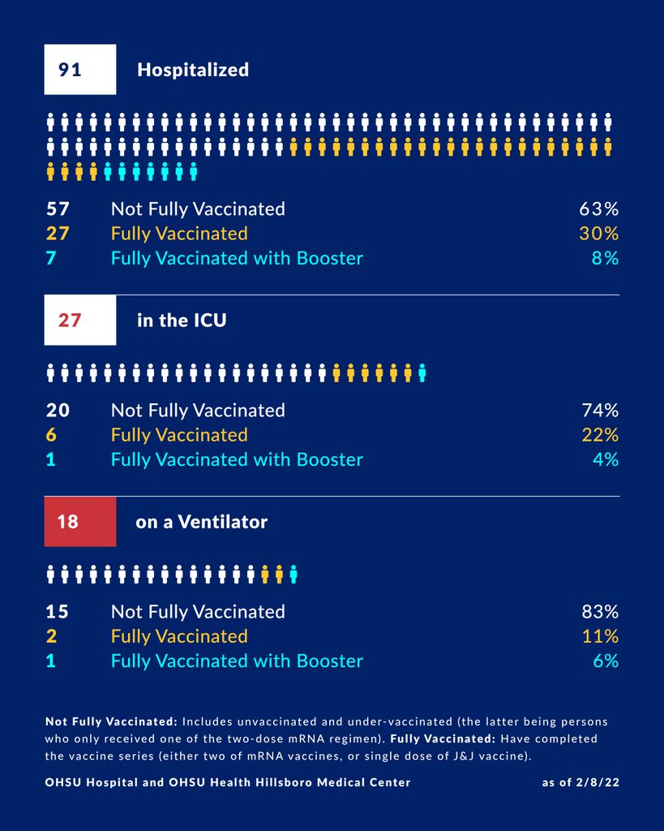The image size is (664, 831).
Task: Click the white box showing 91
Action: (79, 70)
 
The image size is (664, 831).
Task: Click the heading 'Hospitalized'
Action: (192, 70)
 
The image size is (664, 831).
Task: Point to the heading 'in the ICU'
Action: (182, 321)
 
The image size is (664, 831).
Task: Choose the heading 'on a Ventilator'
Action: (201, 522)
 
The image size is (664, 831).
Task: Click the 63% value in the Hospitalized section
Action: (598, 209)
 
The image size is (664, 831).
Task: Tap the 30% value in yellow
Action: (598, 234)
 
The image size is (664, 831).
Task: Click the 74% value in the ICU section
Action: (598, 410)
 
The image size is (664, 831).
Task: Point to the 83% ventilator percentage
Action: (598, 611)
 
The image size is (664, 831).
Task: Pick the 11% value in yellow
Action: (600, 636)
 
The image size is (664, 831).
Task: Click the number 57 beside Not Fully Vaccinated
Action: (58, 209)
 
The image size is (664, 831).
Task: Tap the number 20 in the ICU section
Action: (58, 410)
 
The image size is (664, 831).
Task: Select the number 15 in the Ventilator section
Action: (58, 611)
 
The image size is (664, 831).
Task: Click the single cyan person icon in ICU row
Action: (422, 373)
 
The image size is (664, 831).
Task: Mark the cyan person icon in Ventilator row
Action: (293, 575)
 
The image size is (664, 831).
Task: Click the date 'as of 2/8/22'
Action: (580, 782)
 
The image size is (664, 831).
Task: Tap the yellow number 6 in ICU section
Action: (51, 435)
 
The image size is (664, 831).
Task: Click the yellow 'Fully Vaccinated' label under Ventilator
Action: (179, 636)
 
